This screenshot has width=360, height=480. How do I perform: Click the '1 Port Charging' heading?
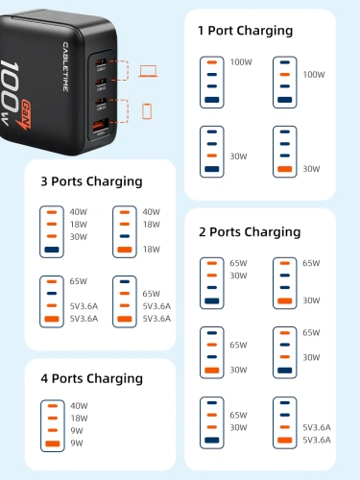245,31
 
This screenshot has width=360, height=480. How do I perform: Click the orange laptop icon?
148,71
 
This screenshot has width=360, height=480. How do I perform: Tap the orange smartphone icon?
147,110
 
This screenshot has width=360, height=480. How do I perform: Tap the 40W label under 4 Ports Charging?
79,405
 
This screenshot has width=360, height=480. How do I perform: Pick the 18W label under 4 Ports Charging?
79,418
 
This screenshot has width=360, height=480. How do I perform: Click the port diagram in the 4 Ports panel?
51,424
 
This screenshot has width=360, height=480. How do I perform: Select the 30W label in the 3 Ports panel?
79,237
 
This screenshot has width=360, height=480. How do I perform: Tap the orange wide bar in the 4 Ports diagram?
51,444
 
